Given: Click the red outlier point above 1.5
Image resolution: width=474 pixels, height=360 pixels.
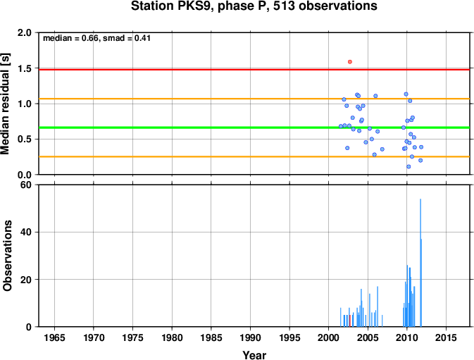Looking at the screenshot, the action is [350, 62].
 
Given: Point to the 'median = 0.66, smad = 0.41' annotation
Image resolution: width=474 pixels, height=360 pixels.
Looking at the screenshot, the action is [96, 38].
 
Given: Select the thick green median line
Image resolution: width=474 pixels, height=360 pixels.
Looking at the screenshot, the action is [254, 128].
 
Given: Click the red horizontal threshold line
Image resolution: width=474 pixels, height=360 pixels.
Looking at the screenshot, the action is [254, 70].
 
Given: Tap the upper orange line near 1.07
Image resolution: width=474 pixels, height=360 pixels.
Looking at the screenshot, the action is [254, 99].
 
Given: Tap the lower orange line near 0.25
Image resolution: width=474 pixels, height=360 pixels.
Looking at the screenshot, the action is [254, 156].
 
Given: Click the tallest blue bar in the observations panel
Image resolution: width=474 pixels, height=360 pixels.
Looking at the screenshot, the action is [420, 263].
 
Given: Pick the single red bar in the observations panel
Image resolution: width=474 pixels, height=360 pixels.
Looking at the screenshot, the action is [350, 321].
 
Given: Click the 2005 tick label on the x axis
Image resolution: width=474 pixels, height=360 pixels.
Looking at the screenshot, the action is [368, 337].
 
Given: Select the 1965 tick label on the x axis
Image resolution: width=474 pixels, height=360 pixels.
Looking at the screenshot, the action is [54, 337].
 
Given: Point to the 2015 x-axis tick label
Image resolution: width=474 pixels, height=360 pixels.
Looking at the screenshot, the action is [446, 337].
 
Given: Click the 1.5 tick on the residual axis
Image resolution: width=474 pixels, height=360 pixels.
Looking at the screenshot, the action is [25, 68].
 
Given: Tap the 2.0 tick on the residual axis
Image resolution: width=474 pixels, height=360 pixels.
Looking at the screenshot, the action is [25, 32].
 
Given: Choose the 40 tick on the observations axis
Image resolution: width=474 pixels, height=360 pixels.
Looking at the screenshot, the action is [27, 232].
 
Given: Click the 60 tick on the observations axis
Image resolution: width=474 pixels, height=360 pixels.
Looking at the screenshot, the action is [27, 185].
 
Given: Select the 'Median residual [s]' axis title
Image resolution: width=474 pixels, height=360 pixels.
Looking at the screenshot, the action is [6, 104].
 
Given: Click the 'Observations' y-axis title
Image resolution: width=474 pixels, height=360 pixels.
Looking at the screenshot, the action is [7, 256].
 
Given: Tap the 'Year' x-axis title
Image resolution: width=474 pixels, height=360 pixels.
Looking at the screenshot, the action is [254, 355].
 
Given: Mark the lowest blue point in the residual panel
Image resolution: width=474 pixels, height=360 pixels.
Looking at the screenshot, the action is [408, 166].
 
